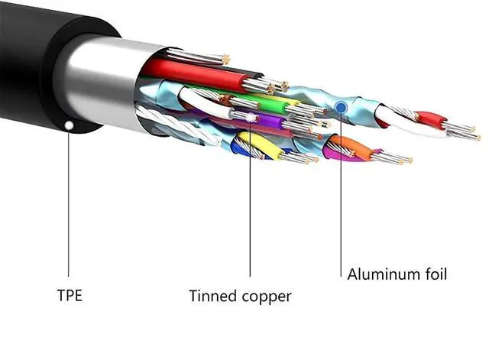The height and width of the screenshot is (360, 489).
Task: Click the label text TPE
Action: [x=71, y=294]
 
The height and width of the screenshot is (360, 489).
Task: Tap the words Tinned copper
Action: [x=241, y=296]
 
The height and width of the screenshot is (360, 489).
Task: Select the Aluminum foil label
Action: [x=397, y=273]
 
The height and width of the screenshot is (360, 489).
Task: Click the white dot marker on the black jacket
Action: [x=69, y=123]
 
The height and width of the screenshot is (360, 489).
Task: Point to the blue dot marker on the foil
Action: [x=341, y=109]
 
